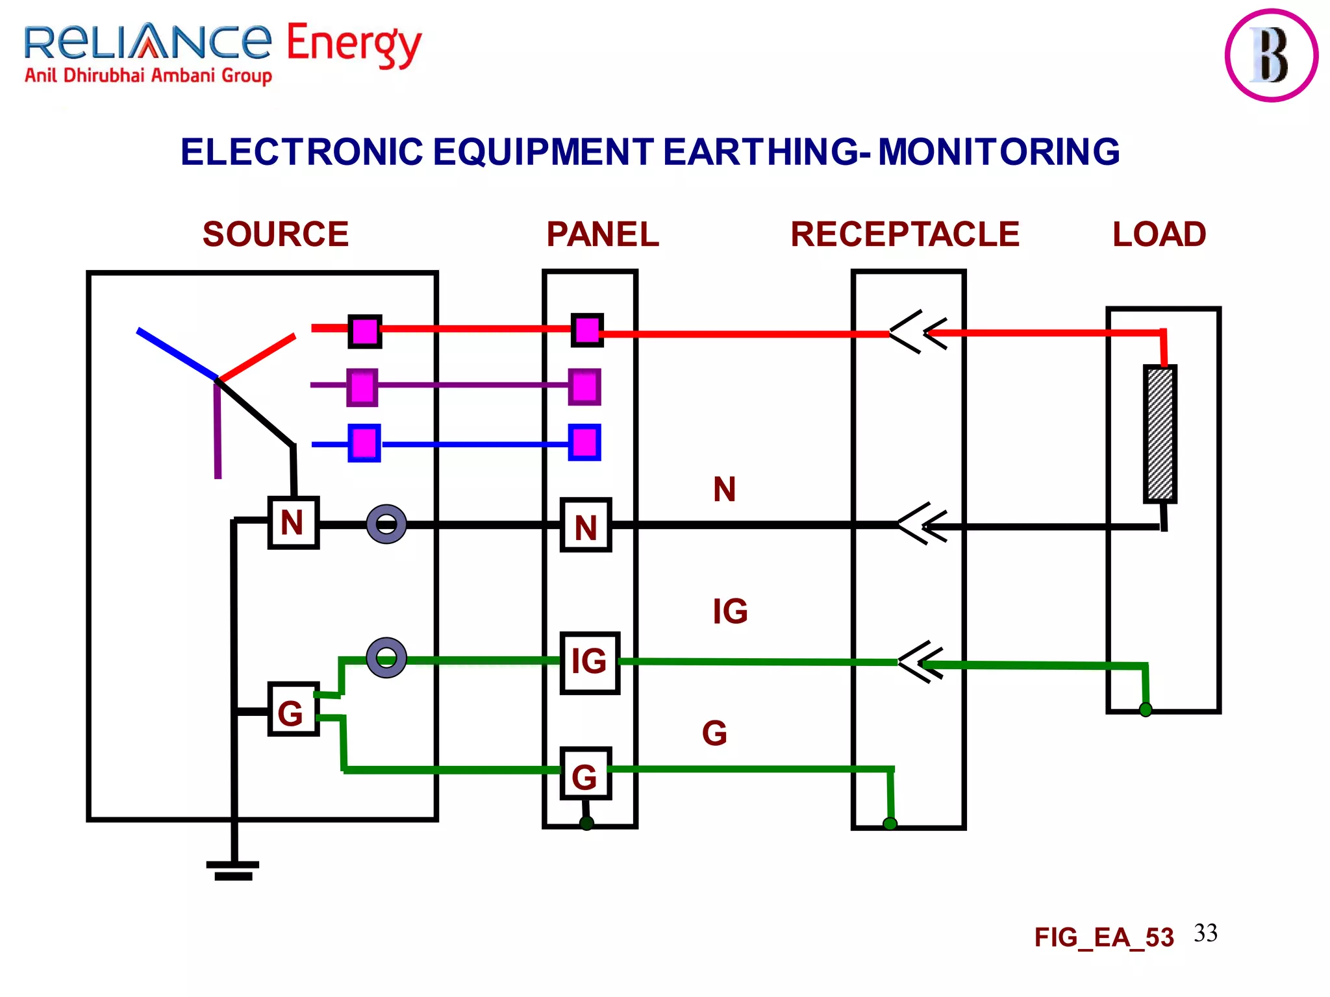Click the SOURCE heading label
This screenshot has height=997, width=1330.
pyautogui.click(x=275, y=234)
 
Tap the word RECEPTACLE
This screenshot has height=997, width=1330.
pyautogui.click(x=905, y=234)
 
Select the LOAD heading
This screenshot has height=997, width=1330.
pyautogui.click(x=1159, y=234)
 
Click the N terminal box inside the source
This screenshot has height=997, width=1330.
pyautogui.click(x=294, y=523)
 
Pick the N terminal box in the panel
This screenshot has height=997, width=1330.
pyautogui.click(x=586, y=526)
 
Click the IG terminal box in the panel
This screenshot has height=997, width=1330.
pyautogui.click(x=590, y=663)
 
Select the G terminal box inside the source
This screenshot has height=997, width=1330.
pyautogui.click(x=293, y=709)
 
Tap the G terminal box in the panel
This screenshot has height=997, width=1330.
pyautogui.click(x=585, y=774)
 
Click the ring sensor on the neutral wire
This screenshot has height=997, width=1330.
pyautogui.click(x=386, y=524)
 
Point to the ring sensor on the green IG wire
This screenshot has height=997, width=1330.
pyautogui.click(x=386, y=658)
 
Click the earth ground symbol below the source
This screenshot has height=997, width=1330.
pyautogui.click(x=233, y=869)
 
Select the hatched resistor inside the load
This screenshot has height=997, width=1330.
pyautogui.click(x=1160, y=434)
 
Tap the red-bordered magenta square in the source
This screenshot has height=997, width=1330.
pyautogui.click(x=364, y=332)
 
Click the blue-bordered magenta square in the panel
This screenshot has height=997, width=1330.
pyautogui.click(x=584, y=443)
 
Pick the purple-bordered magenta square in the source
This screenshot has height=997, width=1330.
pyautogui.click(x=362, y=388)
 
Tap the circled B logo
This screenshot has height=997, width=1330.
pyautogui.click(x=1271, y=55)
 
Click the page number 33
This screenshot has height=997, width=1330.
pyautogui.click(x=1205, y=933)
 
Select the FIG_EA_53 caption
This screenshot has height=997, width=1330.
pyautogui.click(x=1104, y=937)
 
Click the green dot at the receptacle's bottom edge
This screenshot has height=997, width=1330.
pyautogui.click(x=890, y=824)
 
